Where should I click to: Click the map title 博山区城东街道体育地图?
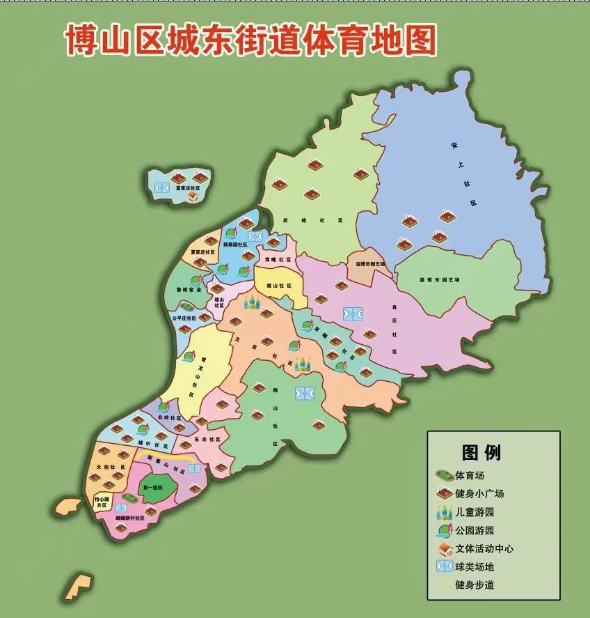(250, 40)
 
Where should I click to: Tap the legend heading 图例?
(481, 452)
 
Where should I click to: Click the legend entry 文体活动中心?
(484, 548)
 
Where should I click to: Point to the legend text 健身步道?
(475, 585)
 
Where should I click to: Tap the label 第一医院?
(152, 488)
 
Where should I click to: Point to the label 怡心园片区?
(102, 502)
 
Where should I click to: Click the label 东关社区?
(207, 440)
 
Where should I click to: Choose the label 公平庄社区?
(184, 318)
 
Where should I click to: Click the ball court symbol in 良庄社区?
(353, 314)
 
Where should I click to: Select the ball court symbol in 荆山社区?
(304, 394)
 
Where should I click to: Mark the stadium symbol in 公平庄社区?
(187, 306)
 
